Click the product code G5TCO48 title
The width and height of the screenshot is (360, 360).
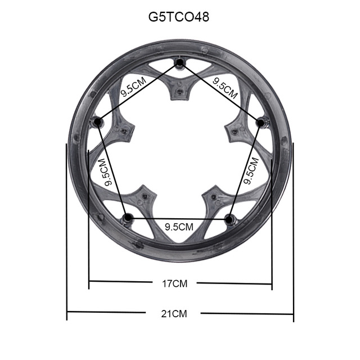(179, 16)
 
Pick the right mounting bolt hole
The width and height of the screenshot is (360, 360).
(260, 121)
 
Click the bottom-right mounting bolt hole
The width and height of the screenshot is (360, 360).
(228, 217)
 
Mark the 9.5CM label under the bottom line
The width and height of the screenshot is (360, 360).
(179, 227)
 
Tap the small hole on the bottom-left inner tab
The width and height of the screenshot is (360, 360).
(145, 196)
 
